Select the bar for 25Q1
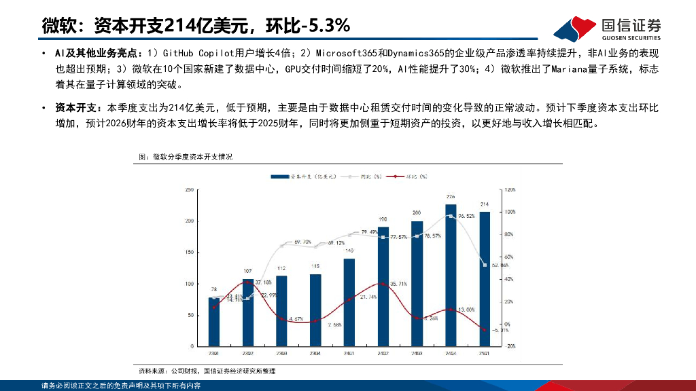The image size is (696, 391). pyautogui.click(x=484, y=278)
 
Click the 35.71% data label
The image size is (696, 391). pyautogui.click(x=398, y=284)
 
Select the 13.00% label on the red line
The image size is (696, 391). pyautogui.click(x=466, y=309)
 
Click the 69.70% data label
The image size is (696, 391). pyautogui.click(x=302, y=242)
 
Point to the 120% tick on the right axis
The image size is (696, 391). pyautogui.click(x=511, y=191)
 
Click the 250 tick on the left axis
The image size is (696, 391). pyautogui.click(x=189, y=191)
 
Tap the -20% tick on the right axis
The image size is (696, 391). pyautogui.click(x=511, y=346)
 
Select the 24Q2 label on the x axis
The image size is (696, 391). pyautogui.click(x=383, y=353)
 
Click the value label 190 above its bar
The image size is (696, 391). pyautogui.click(x=383, y=219)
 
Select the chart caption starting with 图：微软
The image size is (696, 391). pyautogui.click(x=186, y=157)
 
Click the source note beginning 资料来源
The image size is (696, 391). pyautogui.click(x=207, y=371)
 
